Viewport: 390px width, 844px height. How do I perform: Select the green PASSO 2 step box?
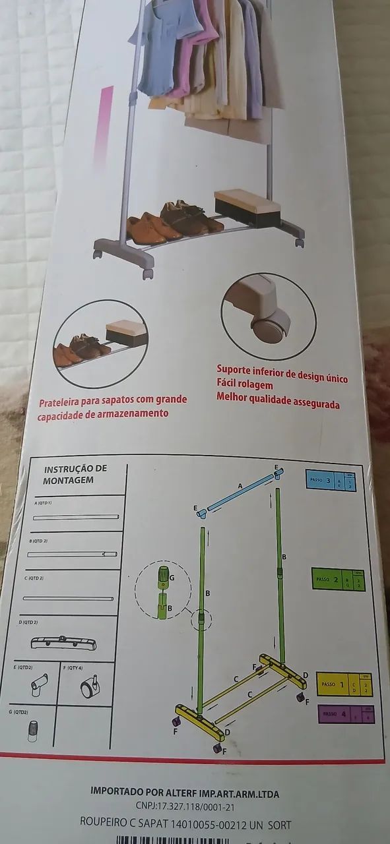click(337, 580)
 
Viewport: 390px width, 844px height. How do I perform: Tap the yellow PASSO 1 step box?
click(344, 685)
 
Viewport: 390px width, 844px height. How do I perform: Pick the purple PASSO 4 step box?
click(346, 714)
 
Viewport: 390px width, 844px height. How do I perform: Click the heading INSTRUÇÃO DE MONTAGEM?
click(75, 474)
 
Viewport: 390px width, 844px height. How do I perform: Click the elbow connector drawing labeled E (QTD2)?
click(37, 686)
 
